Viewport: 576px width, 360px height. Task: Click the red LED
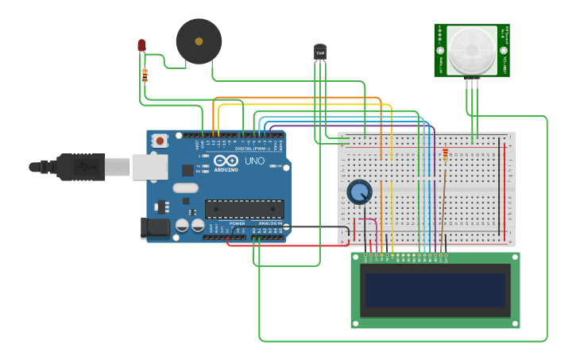point(141,45)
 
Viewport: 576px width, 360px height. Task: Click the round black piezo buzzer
point(199,41)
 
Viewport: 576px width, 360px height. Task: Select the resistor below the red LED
point(145,75)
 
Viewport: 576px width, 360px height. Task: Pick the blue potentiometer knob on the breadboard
point(359,192)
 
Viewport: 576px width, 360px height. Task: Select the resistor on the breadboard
point(445,155)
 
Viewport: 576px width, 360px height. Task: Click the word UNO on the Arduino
point(254,161)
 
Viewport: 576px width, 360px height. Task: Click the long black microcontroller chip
point(244,208)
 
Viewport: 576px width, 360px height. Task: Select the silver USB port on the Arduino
point(149,167)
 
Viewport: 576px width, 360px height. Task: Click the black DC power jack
point(154,228)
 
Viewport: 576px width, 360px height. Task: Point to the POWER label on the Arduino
point(237,223)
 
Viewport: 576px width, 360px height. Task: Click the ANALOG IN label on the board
point(270,223)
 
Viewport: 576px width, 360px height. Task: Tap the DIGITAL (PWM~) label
point(253,148)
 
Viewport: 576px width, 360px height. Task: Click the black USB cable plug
point(79,167)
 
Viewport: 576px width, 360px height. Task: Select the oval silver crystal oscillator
point(184,188)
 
